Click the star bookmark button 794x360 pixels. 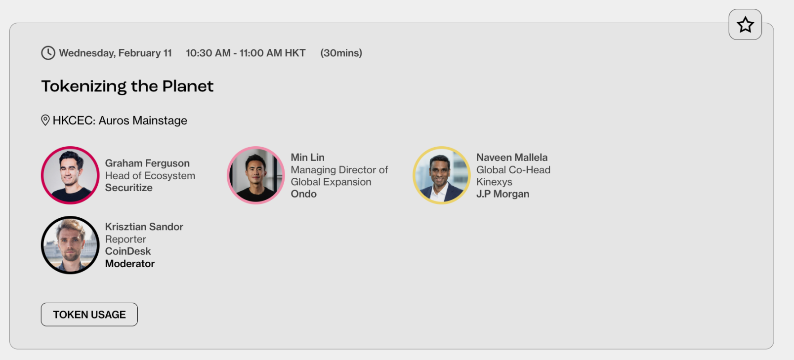coord(745,25)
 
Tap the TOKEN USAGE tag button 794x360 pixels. coord(89,314)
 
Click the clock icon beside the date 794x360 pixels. coord(48,53)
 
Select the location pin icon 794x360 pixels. coord(45,120)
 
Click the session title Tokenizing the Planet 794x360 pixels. coord(127,86)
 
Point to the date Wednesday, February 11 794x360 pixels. coord(115,53)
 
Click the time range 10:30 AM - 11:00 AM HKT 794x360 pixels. coord(246,53)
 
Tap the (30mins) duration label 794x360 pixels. coord(341,53)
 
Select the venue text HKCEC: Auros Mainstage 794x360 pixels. coord(120,120)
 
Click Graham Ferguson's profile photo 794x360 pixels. coord(70,175)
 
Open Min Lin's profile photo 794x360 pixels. coord(255,175)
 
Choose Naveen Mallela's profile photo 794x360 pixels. coord(441,175)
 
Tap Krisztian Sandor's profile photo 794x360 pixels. coord(70,245)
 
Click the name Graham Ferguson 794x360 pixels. coord(147,163)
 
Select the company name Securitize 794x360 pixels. coord(128,188)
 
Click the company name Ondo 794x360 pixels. coord(304,194)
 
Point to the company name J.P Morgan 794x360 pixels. coord(502,194)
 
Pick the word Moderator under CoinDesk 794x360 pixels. coord(130,264)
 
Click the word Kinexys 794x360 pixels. coord(494,182)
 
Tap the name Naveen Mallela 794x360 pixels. coord(512,158)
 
